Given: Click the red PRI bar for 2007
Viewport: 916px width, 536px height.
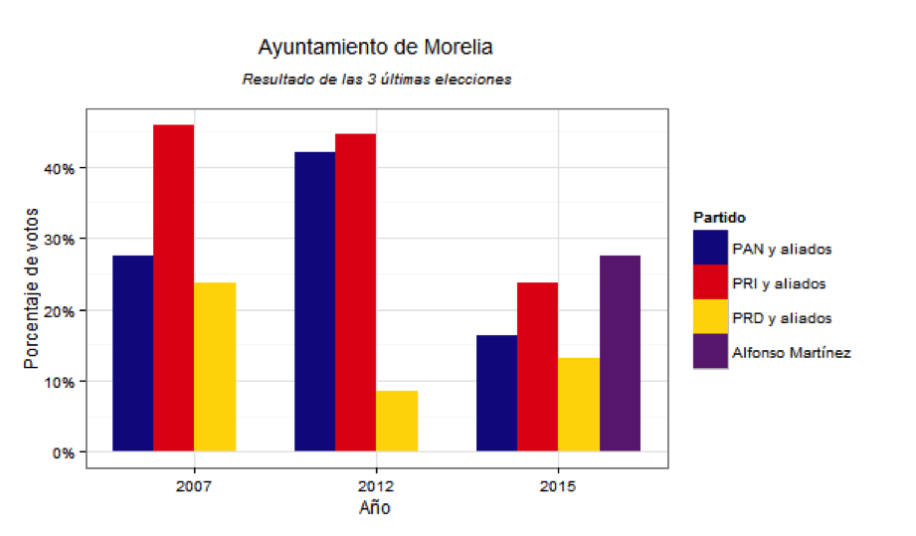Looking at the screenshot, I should click(173, 288).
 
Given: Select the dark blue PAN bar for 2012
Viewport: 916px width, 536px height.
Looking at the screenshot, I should click(314, 301).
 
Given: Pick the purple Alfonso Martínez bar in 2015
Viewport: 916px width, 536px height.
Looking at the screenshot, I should click(620, 353).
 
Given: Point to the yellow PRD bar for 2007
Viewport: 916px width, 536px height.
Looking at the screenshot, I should click(215, 367).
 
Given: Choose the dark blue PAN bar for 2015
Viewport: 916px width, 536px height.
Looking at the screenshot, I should click(496, 393).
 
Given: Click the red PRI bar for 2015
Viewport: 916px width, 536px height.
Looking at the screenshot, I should click(538, 367).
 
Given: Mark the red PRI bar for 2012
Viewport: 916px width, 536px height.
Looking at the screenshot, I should click(355, 292).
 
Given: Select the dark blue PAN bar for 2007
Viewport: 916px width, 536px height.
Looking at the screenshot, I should click(132, 353).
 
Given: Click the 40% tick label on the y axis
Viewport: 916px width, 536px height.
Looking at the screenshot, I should click(62, 169).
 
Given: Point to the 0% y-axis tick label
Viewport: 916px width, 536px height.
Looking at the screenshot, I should click(66, 452).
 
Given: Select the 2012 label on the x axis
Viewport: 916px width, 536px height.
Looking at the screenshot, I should click(375, 487).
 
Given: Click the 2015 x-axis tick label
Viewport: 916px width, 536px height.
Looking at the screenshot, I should click(558, 487).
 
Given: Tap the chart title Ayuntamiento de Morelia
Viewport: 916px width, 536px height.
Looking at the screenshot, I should click(375, 47).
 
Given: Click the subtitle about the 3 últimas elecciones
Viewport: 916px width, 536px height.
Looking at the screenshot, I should click(376, 79).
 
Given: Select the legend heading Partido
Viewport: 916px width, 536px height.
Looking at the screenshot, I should click(719, 217).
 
